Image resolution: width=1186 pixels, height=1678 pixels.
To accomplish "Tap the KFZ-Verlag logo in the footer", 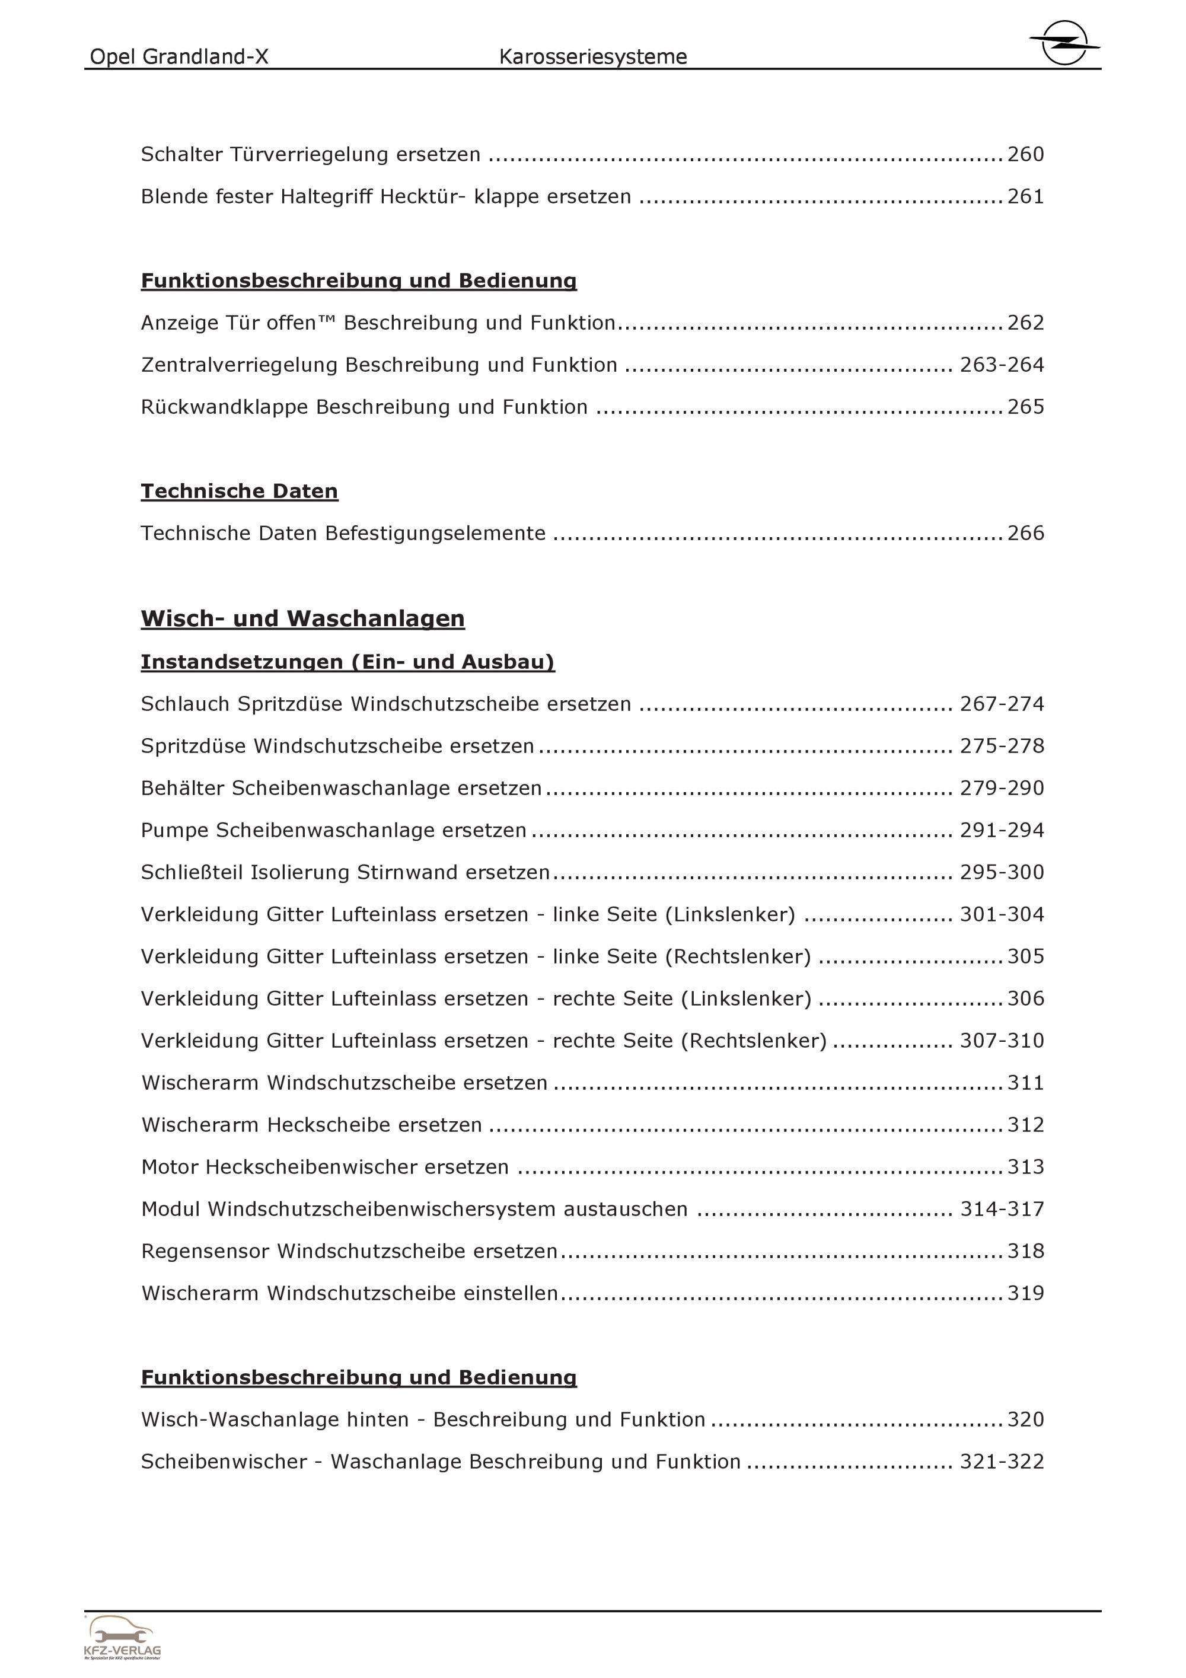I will (122, 1637).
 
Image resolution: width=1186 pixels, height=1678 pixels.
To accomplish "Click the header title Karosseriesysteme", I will (592, 57).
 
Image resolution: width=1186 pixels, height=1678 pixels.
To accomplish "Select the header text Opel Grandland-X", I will (179, 57).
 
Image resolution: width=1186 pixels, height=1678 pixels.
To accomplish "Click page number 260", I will (1025, 154).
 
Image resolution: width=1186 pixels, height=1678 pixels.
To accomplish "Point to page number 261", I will (1025, 197).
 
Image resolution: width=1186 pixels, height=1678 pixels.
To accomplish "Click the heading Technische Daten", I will (239, 491).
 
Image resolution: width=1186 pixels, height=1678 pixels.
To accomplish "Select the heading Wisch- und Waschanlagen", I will (302, 618).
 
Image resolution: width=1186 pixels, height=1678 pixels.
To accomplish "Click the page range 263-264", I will (1001, 365).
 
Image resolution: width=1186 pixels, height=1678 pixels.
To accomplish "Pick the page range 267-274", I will (1001, 704).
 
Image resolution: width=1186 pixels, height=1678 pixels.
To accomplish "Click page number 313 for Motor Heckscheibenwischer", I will (1025, 1167).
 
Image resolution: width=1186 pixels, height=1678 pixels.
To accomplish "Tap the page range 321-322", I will (1001, 1462).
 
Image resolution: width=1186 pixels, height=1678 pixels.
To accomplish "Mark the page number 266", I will (1025, 534).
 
